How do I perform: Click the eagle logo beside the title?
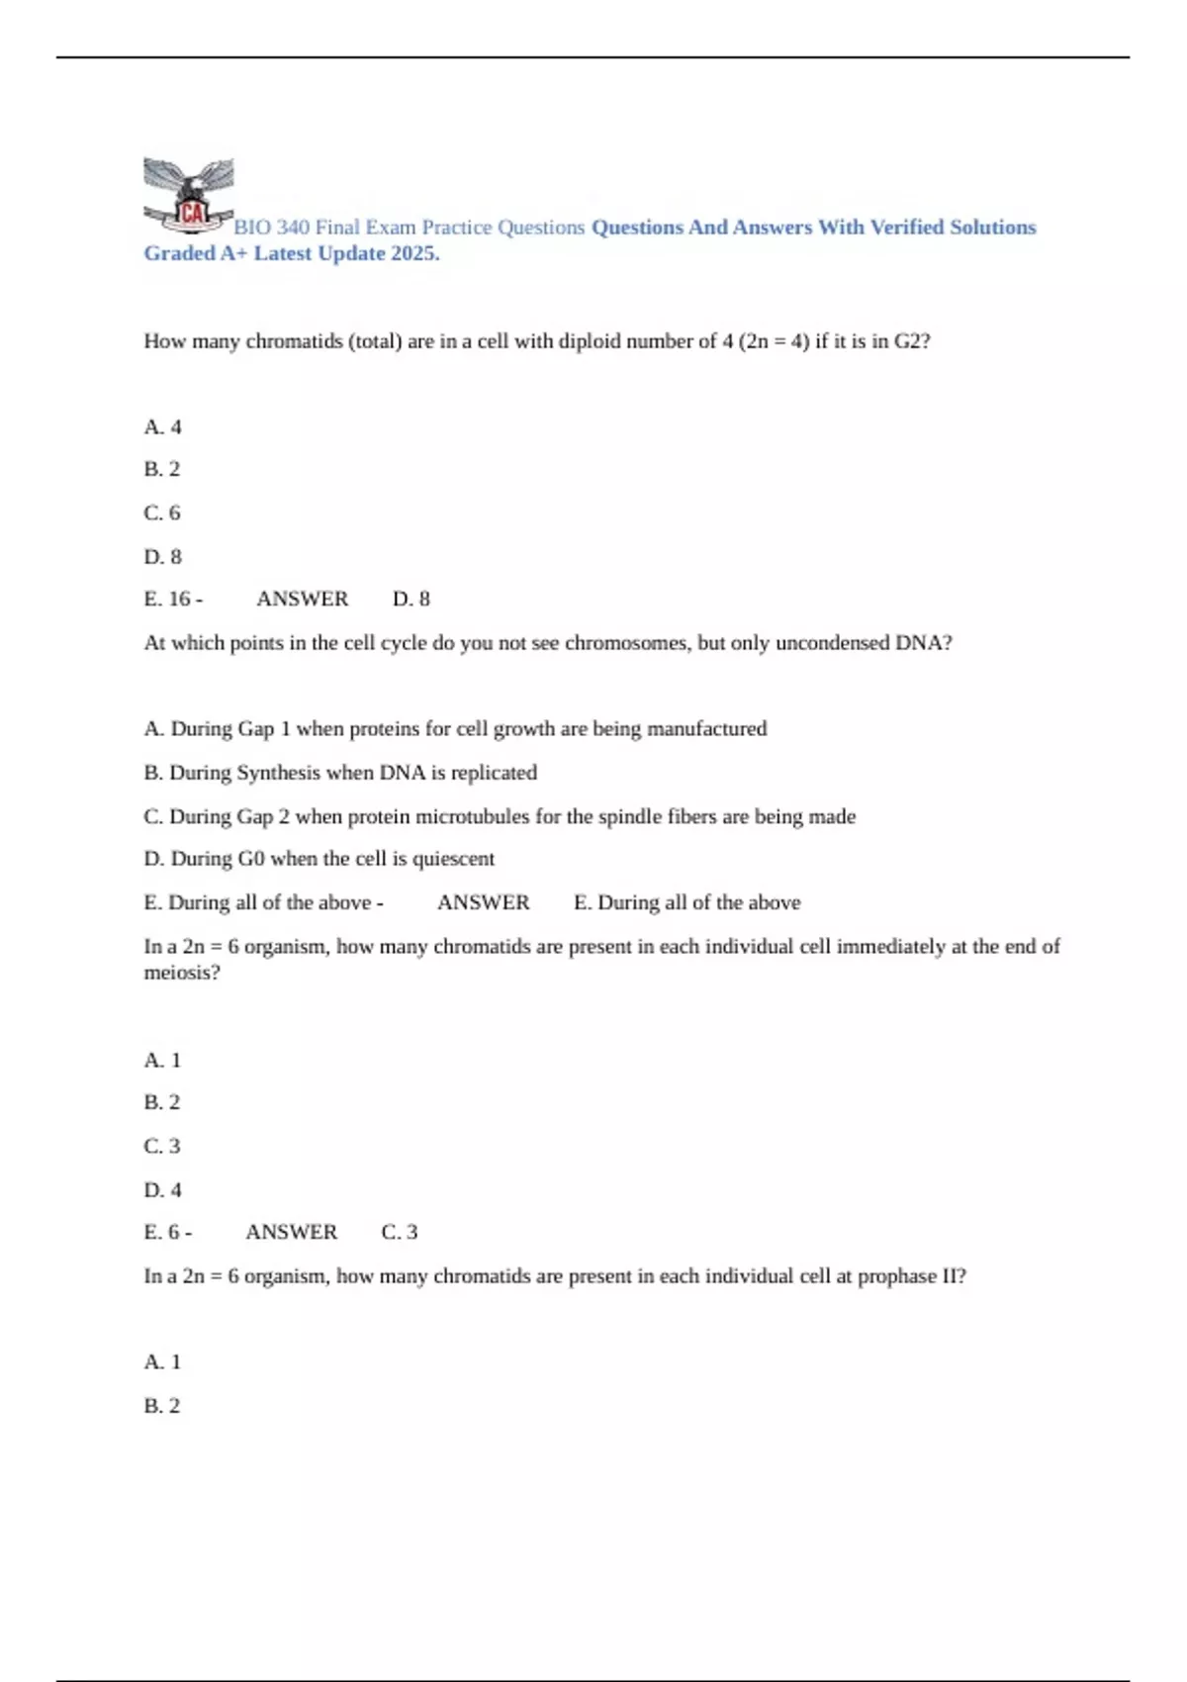point(189,195)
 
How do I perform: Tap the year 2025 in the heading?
point(413,253)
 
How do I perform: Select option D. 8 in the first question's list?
point(163,557)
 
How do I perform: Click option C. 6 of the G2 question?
point(163,513)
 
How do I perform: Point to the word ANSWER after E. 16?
point(302,600)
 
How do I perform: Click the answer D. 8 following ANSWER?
point(411,600)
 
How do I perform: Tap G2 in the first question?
point(911,341)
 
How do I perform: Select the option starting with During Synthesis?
point(340,773)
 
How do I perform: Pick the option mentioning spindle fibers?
point(500,817)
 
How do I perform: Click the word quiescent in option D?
point(453,859)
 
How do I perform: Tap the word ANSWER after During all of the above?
point(483,903)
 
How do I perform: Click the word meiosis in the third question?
point(181,973)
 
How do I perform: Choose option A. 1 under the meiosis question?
point(163,1061)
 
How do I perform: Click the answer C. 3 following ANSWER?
point(400,1233)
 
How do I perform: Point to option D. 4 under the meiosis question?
point(163,1190)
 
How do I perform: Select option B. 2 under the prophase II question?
point(163,1406)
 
